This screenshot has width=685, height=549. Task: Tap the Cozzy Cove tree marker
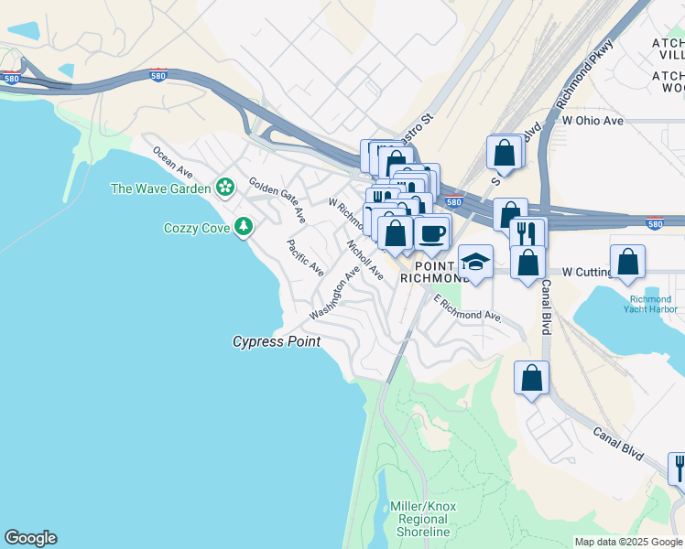(243, 226)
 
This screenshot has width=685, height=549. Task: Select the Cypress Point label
(277, 342)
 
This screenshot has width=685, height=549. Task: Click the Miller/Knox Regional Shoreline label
(423, 519)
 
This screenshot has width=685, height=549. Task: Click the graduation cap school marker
(475, 263)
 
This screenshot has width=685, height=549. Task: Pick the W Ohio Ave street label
(593, 120)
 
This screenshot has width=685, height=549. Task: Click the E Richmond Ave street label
(467, 308)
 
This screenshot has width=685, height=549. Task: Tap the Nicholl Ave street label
(364, 259)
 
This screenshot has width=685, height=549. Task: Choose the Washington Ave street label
(334, 293)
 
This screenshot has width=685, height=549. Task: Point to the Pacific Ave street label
(305, 258)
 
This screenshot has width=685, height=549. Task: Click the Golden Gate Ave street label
(277, 200)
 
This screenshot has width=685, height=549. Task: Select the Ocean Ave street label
(172, 163)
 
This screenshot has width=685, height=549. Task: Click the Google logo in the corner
(30, 538)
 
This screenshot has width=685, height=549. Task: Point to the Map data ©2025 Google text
(628, 542)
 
